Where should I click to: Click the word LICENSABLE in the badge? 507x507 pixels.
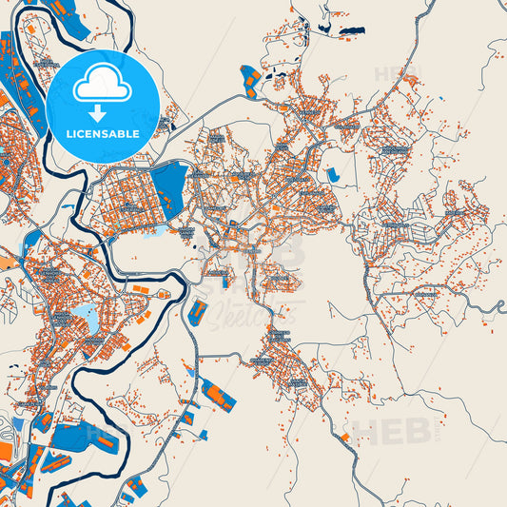[x=102, y=132]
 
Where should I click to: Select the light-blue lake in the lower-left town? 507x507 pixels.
[x=85, y=313]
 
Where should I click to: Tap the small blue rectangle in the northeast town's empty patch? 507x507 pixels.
[x=333, y=175]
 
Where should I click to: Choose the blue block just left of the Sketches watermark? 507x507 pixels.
[x=198, y=312]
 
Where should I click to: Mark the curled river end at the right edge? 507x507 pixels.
[x=500, y=306]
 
